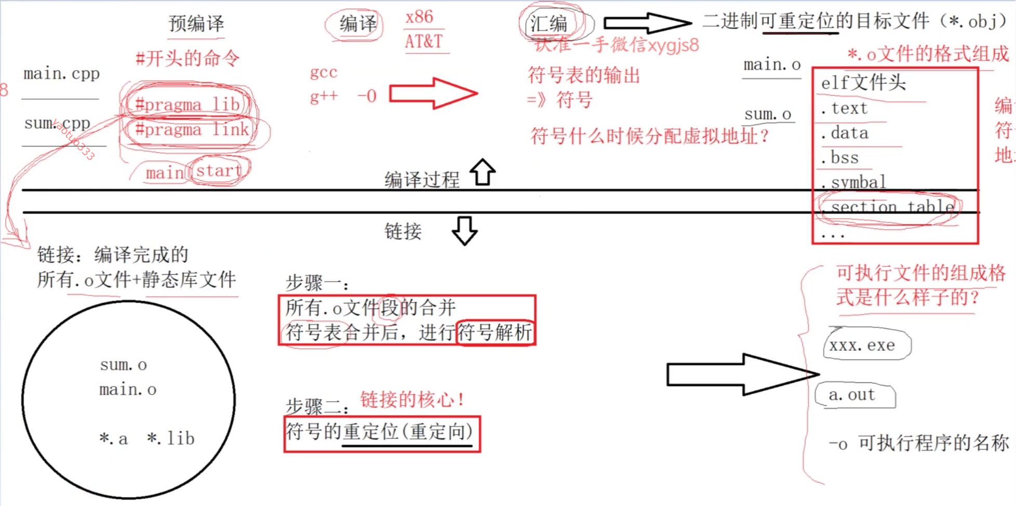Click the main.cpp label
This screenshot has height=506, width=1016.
(61, 74)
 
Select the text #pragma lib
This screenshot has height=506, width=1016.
(187, 104)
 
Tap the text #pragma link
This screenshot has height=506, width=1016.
(192, 129)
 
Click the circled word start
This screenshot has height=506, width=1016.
(219, 171)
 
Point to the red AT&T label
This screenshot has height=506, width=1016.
(423, 42)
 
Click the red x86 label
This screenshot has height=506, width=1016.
(419, 17)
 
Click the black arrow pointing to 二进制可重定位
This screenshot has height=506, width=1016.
(647, 23)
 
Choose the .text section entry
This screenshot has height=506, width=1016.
(845, 108)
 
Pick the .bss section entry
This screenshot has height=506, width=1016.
(840, 157)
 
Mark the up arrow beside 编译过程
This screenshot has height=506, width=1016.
(483, 172)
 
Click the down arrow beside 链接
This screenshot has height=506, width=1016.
(464, 231)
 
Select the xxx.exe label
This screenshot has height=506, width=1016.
(862, 345)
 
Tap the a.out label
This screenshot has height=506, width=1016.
(852, 395)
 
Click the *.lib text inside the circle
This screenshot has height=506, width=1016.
(171, 438)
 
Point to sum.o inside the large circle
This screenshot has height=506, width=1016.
(124, 365)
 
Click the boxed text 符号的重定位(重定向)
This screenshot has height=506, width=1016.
(380, 432)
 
